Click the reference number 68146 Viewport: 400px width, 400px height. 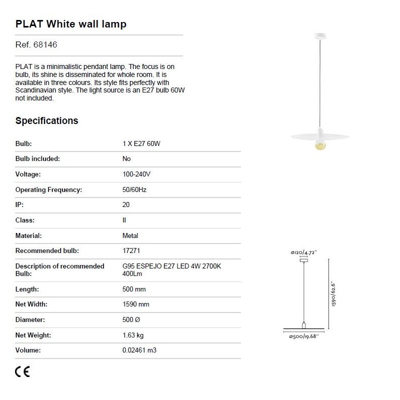pyautogui.click(x=45, y=45)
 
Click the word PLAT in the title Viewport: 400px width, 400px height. pyautogui.click(x=29, y=24)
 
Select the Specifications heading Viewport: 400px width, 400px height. pyautogui.click(x=46, y=120)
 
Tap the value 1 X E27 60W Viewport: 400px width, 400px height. pyautogui.click(x=141, y=143)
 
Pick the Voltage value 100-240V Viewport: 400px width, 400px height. pyautogui.click(x=136, y=174)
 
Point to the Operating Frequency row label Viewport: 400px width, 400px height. pyautogui.click(x=48, y=189)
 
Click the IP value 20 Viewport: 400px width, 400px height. pyautogui.click(x=126, y=204)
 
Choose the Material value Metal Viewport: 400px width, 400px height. pyautogui.click(x=130, y=235)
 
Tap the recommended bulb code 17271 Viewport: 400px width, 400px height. pyautogui.click(x=131, y=250)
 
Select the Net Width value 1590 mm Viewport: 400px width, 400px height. pyautogui.click(x=136, y=304)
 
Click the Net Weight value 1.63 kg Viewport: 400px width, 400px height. pyautogui.click(x=133, y=335)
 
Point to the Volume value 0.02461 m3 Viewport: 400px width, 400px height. pyautogui.click(x=139, y=350)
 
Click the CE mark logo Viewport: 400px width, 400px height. pyautogui.click(x=22, y=371)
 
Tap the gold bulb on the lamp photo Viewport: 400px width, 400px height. pyautogui.click(x=319, y=145)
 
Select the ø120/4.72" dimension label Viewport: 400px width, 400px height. pyautogui.click(x=304, y=253)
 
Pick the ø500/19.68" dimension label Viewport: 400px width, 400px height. pyautogui.click(x=304, y=336)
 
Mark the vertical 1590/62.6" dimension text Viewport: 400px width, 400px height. pyautogui.click(x=333, y=294)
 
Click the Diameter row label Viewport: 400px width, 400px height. pyautogui.click(x=30, y=319)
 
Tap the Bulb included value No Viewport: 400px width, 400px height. pyautogui.click(x=126, y=158)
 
